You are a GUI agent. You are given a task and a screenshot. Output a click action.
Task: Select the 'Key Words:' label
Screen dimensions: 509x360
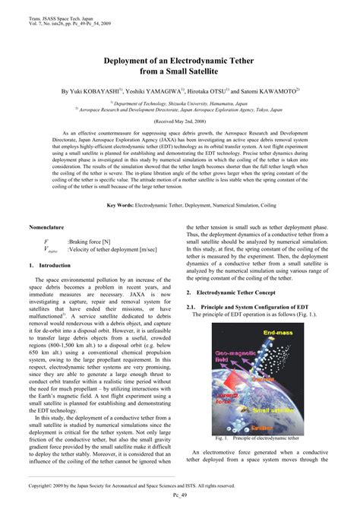(x=120, y=206)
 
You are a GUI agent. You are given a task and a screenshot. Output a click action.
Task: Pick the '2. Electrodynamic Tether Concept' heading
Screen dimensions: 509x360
(x=240, y=292)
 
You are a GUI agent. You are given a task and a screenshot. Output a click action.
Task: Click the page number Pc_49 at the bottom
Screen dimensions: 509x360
(x=180, y=492)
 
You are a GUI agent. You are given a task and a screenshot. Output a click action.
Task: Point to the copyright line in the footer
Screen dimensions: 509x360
(x=152, y=483)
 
